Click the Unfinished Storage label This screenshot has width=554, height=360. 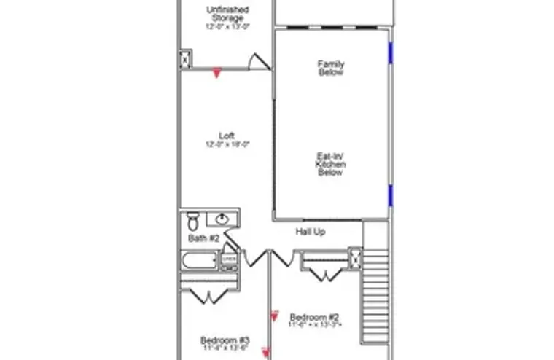coord(227,14)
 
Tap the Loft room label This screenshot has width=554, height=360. coord(227,136)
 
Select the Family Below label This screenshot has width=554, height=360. coord(330,68)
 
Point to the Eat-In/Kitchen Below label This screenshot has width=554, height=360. coord(330,165)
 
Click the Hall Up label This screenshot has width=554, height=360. coord(310,232)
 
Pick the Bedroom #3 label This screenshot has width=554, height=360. coord(225,340)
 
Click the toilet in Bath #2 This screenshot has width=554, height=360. coord(193,220)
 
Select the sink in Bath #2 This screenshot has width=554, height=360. coord(220,219)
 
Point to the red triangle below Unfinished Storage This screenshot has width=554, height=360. coord(216,73)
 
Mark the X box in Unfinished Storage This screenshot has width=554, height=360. coord(185,59)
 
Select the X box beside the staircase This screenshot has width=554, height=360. coord(355,257)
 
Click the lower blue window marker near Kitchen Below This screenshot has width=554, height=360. coord(391,195)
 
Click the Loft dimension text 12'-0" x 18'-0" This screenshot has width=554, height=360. coord(227,144)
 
